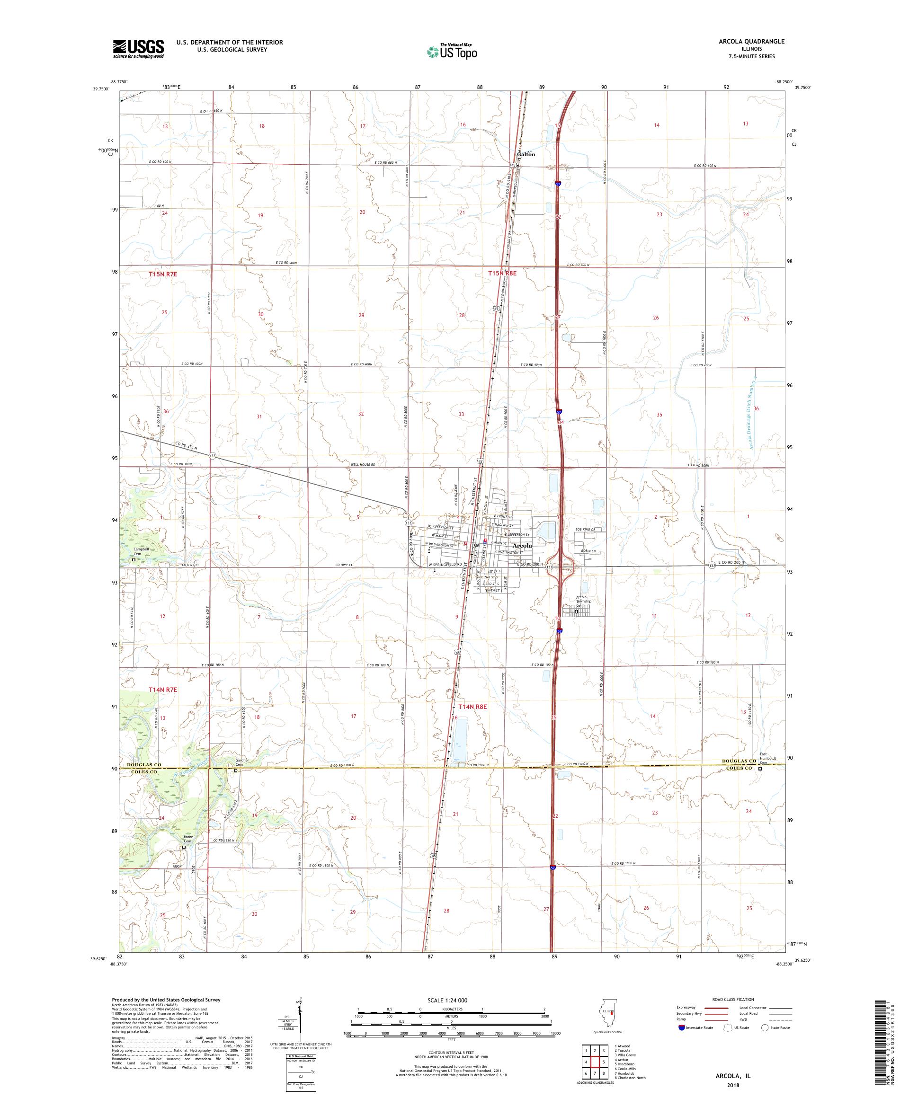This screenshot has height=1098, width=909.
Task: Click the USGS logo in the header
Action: tap(139, 49)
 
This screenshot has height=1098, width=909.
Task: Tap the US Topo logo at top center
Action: tap(453, 51)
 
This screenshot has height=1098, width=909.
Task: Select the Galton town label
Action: tap(526, 154)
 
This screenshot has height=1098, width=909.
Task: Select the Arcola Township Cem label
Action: tap(583, 601)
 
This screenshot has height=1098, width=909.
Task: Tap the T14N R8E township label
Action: tap(472, 707)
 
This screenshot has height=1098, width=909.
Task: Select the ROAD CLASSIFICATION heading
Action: tap(733, 999)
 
